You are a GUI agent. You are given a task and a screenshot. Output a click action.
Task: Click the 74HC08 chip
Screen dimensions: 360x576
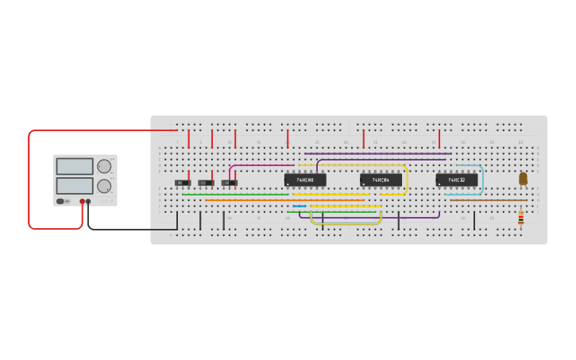pyautogui.click(x=305, y=180)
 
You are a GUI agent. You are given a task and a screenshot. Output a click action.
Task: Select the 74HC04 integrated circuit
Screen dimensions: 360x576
pyautogui.click(x=381, y=180)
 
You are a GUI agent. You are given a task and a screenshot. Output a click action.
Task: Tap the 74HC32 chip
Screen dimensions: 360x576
pyautogui.click(x=457, y=180)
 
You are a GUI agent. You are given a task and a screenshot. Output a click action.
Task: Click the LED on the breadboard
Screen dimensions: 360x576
pyautogui.click(x=523, y=179)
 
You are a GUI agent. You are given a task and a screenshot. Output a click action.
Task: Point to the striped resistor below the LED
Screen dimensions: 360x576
pyautogui.click(x=521, y=217)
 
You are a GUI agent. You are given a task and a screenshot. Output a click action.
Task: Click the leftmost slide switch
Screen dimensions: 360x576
pyautogui.click(x=183, y=183)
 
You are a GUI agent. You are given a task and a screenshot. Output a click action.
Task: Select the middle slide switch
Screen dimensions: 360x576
pyautogui.click(x=206, y=183)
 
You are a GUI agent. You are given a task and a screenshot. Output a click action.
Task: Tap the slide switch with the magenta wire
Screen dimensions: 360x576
pyautogui.click(x=230, y=183)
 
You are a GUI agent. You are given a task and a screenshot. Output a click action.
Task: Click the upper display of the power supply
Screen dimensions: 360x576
pyautogui.click(x=75, y=166)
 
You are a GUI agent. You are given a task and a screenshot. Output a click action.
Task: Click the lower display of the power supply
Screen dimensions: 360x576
pyautogui.click(x=75, y=186)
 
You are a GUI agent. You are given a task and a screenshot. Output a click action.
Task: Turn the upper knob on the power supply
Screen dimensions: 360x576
pyautogui.click(x=104, y=166)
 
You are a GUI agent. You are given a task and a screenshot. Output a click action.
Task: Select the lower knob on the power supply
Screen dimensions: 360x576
pyautogui.click(x=104, y=186)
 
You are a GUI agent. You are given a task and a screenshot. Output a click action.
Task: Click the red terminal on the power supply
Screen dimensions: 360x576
pyautogui.click(x=82, y=202)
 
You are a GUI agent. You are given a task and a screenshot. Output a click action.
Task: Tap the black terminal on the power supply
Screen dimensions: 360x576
pyautogui.click(x=88, y=202)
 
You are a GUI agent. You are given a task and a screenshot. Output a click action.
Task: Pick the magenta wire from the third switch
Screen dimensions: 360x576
pyautogui.click(x=262, y=165)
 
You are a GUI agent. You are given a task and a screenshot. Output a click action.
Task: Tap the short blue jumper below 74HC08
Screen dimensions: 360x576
pyautogui.click(x=300, y=206)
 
